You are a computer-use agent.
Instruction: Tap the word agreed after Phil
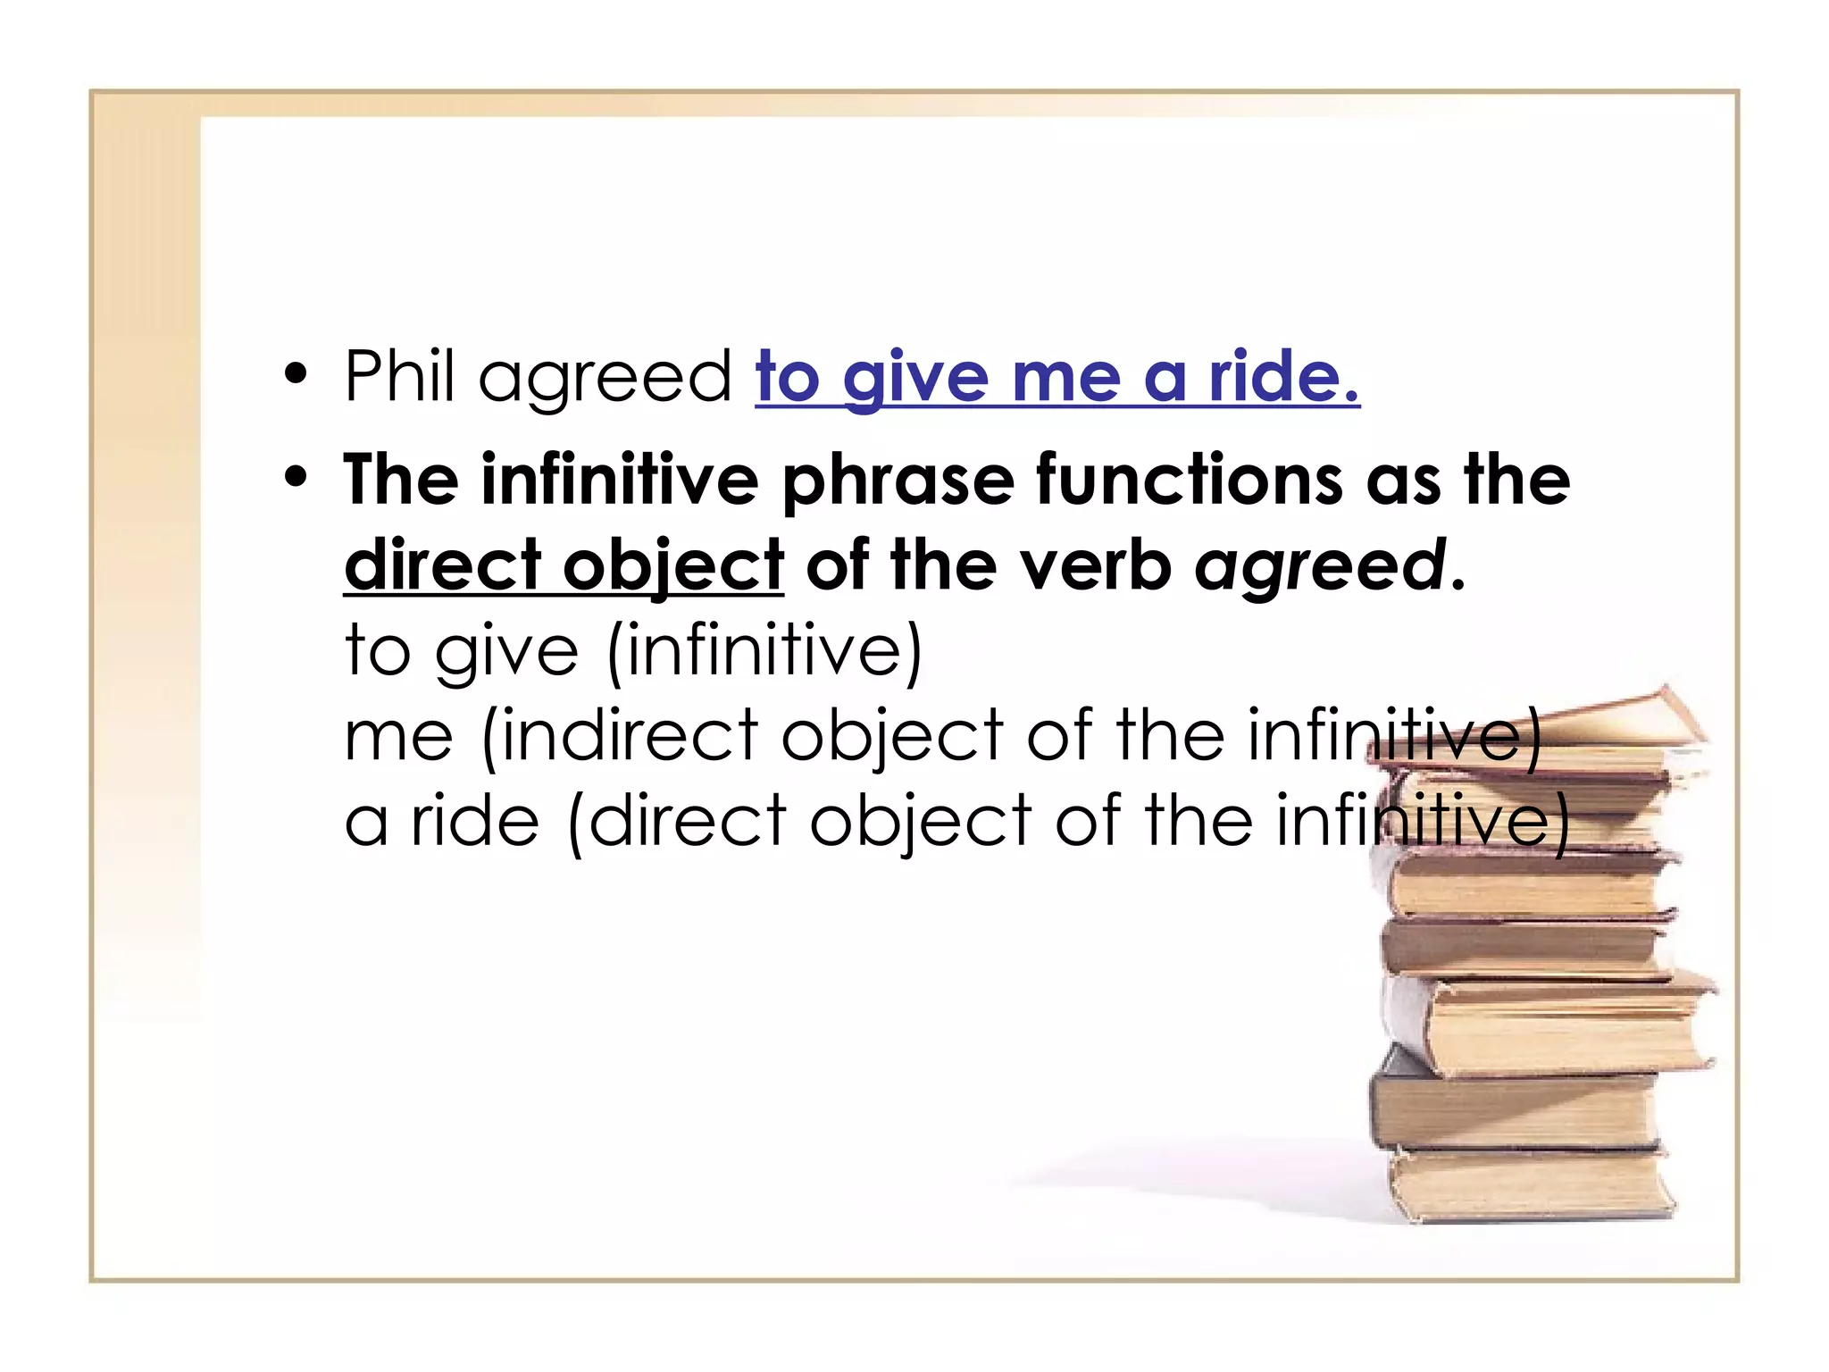point(605,381)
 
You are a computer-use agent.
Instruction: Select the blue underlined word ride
point(1282,377)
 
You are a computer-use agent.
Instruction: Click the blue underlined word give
point(915,381)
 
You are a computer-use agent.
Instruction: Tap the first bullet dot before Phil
point(296,376)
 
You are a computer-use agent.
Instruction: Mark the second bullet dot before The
point(296,480)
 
